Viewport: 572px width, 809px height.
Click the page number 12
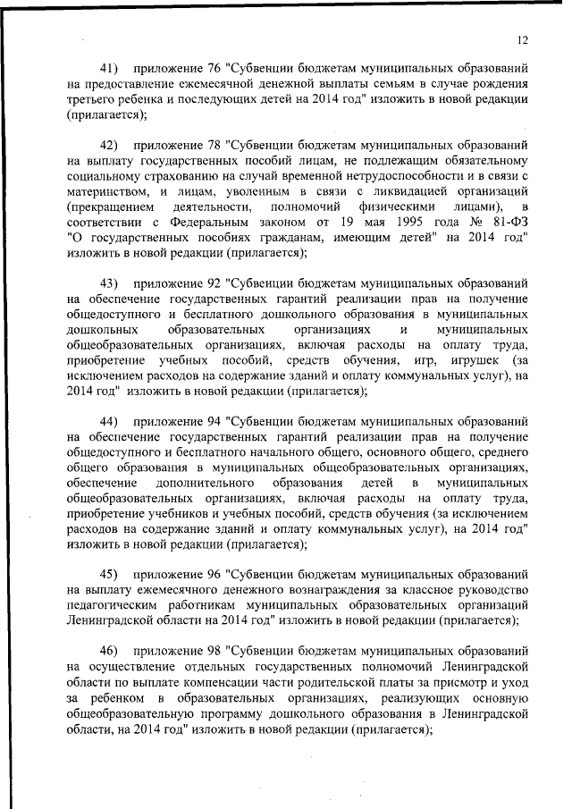pos(524,39)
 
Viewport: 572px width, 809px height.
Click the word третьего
pos(91,99)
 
